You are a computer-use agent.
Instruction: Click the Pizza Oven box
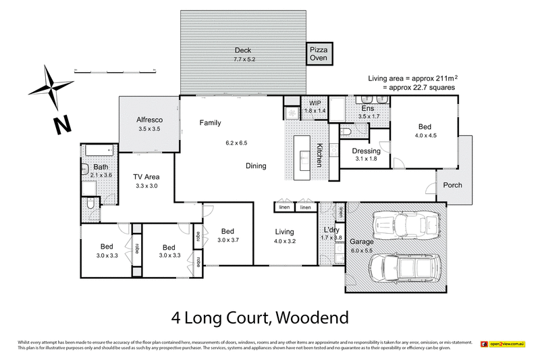(318, 54)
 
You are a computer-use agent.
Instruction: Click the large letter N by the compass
(62, 124)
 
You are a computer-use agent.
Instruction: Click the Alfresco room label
(150, 119)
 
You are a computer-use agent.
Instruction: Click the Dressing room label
(366, 151)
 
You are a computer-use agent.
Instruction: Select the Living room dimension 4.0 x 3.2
(284, 241)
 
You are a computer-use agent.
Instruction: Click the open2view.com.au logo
(502, 344)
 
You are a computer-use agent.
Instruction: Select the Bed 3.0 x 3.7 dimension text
(229, 240)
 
